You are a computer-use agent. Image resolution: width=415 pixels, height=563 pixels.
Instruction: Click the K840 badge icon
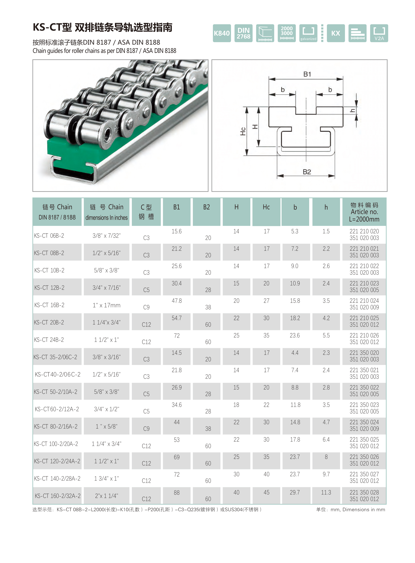(222, 33)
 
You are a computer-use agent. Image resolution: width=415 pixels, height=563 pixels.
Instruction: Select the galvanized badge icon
(308, 33)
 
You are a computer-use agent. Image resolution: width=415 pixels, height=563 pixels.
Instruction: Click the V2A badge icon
(379, 33)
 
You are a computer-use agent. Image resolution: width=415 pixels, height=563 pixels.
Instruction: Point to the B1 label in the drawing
(307, 74)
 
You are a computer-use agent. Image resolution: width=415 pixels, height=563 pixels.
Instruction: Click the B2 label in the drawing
(307, 172)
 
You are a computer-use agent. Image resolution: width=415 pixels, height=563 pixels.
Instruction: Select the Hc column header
(266, 207)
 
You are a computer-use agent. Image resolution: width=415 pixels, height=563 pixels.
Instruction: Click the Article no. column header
(364, 212)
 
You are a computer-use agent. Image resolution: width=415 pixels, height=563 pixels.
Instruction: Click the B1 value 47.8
(177, 301)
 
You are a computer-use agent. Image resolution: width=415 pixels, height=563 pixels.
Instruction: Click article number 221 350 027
(364, 474)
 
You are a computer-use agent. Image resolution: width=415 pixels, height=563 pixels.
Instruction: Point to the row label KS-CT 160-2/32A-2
(58, 496)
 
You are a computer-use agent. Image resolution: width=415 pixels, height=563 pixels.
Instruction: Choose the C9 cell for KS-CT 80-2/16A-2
(146, 429)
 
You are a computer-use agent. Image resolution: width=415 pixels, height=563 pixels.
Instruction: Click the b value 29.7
(295, 492)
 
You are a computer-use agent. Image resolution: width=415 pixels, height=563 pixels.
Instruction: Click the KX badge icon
(336, 33)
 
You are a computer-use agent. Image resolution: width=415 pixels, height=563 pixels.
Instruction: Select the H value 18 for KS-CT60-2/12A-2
(236, 405)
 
